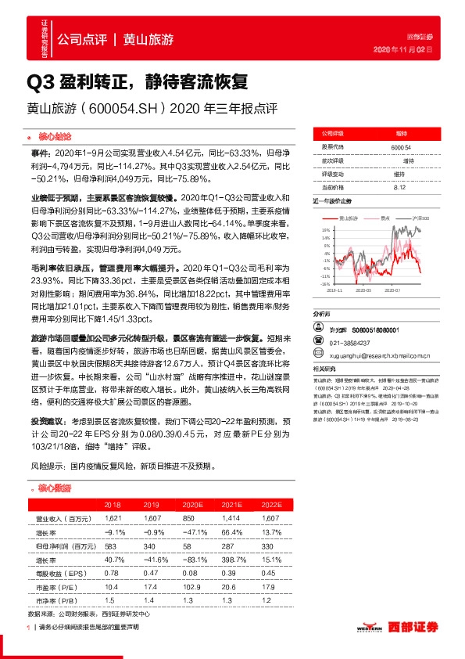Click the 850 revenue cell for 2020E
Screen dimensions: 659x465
coord(188,518)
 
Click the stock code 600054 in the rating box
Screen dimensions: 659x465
coord(400,147)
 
